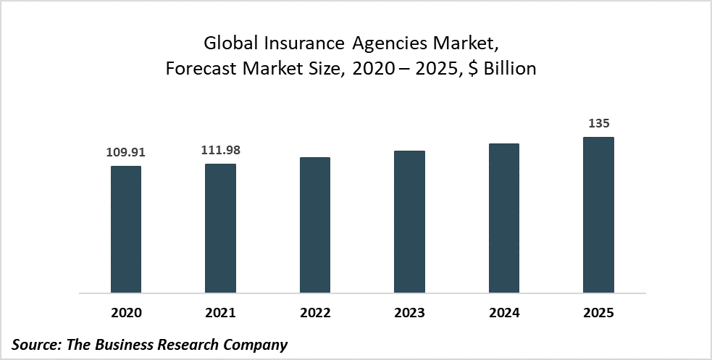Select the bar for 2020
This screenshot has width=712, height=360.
tap(126, 230)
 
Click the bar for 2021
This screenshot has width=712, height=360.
tap(220, 229)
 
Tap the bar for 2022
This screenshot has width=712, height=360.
tap(315, 225)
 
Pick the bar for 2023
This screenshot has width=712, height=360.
tap(410, 222)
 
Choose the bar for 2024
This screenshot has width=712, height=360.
tap(504, 219)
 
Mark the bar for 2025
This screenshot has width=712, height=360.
tap(599, 215)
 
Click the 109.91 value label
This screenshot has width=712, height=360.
tap(126, 153)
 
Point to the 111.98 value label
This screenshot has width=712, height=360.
tap(220, 151)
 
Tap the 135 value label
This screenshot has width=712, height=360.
tap(599, 124)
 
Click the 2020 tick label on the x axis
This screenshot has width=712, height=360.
tap(126, 313)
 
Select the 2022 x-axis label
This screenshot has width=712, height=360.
tap(315, 313)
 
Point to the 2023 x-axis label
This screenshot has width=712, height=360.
tap(410, 313)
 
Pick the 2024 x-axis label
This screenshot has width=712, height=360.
tap(504, 313)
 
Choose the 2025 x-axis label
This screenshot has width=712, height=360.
tap(599, 313)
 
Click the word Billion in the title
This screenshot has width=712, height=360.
tap(511, 70)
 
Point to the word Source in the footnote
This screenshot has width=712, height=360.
tap(34, 345)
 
